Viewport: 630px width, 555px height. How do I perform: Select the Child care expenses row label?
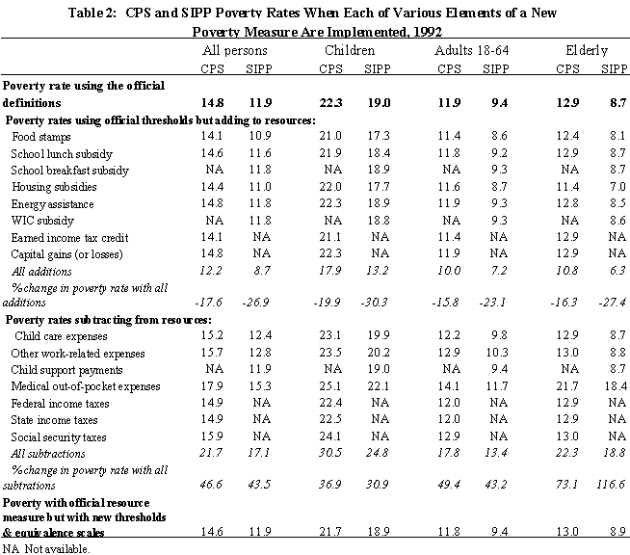click(x=61, y=336)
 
